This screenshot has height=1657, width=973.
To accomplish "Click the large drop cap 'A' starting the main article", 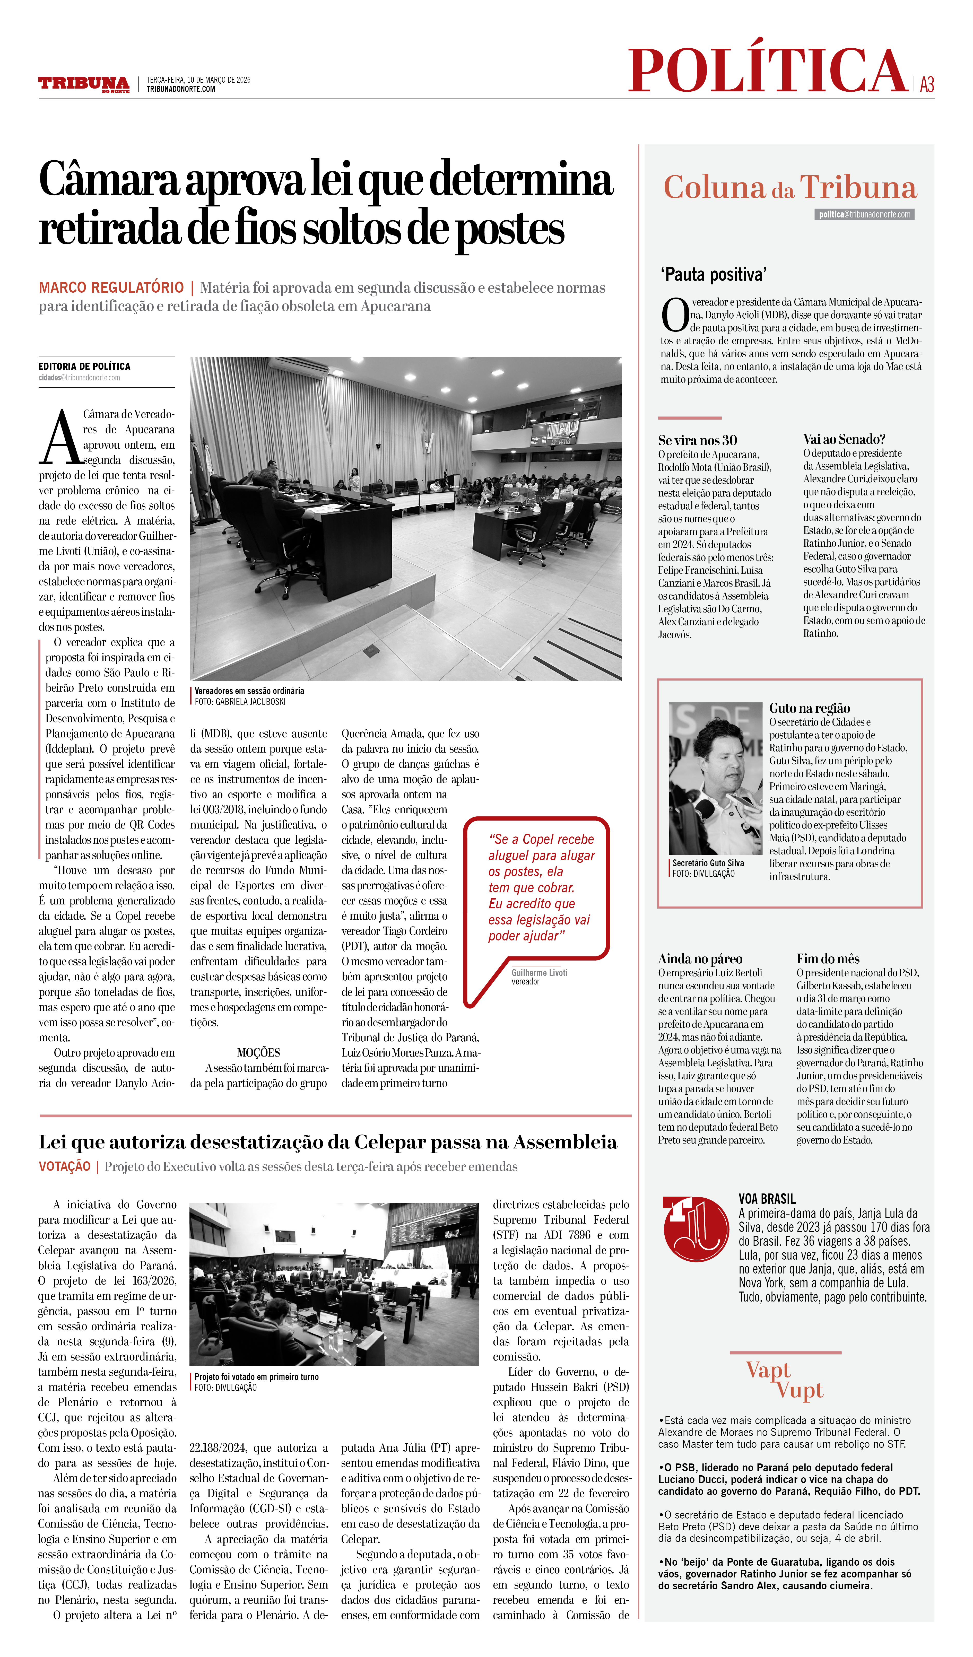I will [60, 437].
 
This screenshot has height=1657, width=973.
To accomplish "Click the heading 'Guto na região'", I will [809, 708].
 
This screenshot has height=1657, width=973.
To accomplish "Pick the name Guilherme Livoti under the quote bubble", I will [539, 972].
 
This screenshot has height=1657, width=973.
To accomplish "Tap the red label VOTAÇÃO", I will [64, 1166].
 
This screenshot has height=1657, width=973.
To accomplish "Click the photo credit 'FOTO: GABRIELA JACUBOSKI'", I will [240, 702].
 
